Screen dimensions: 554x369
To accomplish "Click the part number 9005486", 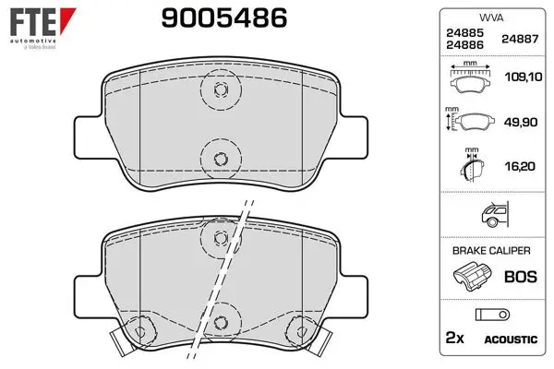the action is point(224,18).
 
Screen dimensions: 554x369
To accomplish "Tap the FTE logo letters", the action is point(33,21).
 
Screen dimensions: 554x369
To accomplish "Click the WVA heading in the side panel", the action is point(491,18).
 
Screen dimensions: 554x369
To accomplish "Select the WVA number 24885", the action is point(464,33).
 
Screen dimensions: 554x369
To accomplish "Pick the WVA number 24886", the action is point(464,45).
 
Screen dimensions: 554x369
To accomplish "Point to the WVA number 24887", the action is point(520,39).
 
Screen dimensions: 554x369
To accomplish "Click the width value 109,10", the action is point(524,77).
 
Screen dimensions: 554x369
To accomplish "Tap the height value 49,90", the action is point(521,122).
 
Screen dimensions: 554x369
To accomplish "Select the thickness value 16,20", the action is point(520,166).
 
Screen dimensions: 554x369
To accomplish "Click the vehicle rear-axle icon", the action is point(495,214).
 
